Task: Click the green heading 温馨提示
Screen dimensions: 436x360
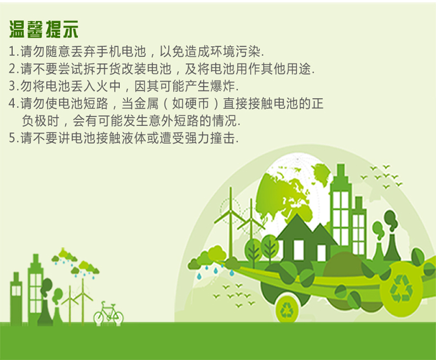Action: pos(44,29)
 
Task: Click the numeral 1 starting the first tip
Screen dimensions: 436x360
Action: pos(12,52)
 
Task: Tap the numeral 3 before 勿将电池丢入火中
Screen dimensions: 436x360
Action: pos(12,86)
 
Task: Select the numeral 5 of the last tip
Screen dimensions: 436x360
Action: pos(12,138)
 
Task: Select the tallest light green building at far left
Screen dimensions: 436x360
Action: pos(35,289)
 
